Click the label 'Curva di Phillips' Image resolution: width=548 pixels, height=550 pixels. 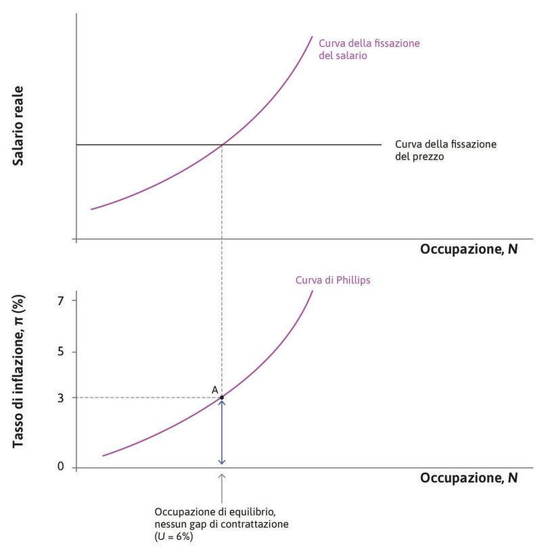click(333, 280)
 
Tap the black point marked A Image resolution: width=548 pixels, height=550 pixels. click(222, 397)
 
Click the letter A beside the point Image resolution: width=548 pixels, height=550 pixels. click(214, 390)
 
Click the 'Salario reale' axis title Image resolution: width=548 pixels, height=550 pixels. click(18, 127)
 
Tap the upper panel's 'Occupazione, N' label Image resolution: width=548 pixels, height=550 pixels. click(469, 249)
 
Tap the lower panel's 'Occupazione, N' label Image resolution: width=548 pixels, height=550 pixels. click(469, 478)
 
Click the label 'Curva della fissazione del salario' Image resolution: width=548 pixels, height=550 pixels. click(369, 49)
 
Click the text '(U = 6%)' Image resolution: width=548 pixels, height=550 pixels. click(175, 537)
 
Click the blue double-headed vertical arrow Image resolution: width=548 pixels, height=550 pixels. click(222, 433)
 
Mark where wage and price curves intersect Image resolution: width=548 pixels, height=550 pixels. click(222, 144)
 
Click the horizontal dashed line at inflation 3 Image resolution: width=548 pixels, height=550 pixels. click(145, 398)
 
